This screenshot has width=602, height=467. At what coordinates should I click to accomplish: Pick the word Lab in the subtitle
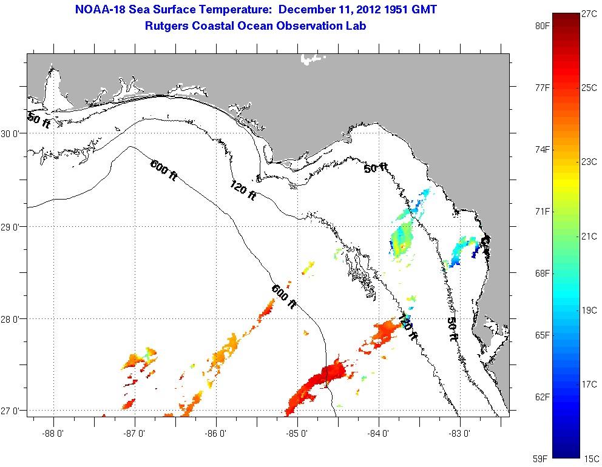coord(356,26)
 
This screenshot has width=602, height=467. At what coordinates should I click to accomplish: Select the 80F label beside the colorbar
coord(542,26)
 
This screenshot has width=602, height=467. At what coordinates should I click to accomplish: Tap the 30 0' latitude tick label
coord(12,134)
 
